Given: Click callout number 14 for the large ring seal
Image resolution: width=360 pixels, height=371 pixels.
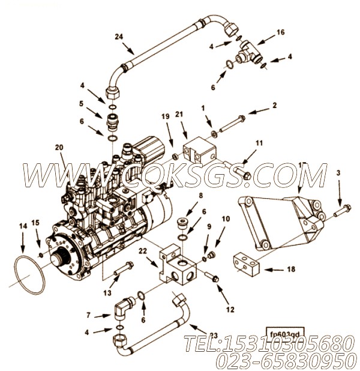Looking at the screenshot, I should pyautogui.click(x=23, y=226).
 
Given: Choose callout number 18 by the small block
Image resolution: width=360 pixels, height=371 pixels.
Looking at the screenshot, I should pyautogui.click(x=291, y=270).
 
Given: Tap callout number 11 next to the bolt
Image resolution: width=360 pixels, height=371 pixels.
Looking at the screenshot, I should pyautogui.click(x=259, y=143).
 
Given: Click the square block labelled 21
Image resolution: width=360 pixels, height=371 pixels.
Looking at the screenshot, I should pyautogui.click(x=198, y=149).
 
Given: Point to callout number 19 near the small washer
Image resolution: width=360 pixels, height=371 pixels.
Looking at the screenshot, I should pyautogui.click(x=166, y=115).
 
